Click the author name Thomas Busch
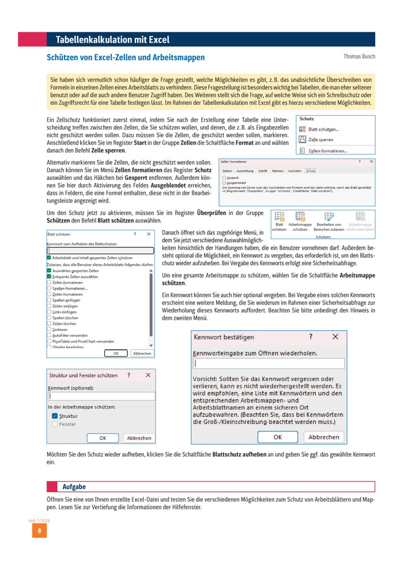(x=359, y=57)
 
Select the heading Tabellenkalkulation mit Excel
(x=112, y=40)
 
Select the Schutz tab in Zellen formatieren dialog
(x=311, y=171)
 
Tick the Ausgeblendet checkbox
(x=224, y=183)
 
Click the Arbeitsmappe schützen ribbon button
(x=300, y=220)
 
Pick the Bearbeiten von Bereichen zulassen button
(x=329, y=220)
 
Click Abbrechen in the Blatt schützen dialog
(x=142, y=353)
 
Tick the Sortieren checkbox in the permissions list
(x=49, y=329)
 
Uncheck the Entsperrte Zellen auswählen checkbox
(x=49, y=277)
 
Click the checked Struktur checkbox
(x=54, y=415)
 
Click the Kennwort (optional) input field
(x=99, y=396)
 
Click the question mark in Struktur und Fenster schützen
(x=129, y=375)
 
